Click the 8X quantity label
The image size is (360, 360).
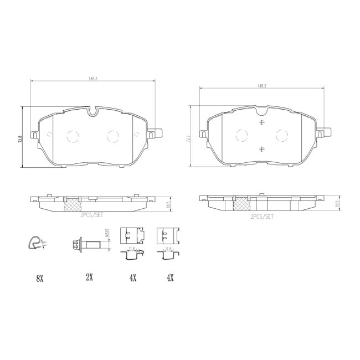click(39, 279)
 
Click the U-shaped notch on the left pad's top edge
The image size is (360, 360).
click(94, 112)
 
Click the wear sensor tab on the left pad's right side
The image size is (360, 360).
click(157, 133)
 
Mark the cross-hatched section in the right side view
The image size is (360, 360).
click(241, 204)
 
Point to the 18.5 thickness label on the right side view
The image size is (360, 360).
click(337, 204)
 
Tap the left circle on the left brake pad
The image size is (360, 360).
click(73, 136)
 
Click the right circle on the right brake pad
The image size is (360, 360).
click(282, 135)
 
